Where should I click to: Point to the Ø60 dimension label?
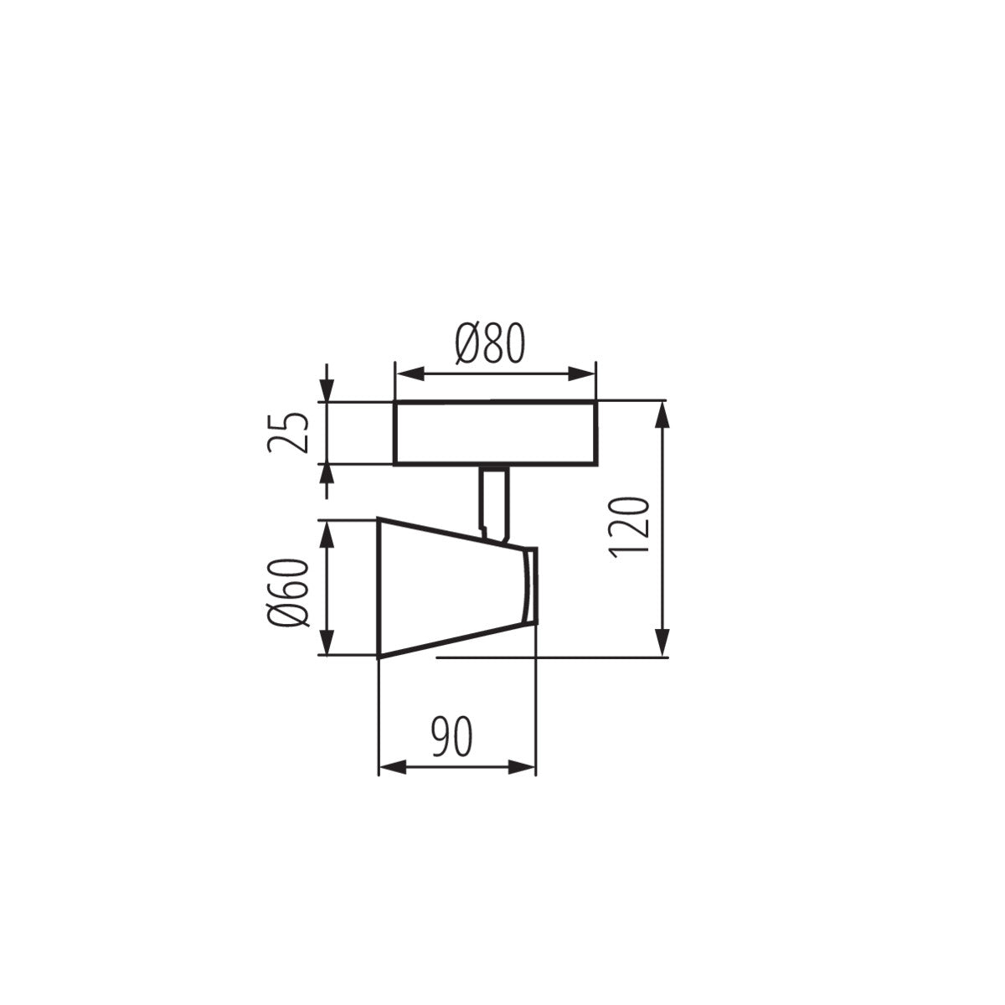click(289, 592)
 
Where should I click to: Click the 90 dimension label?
click(453, 736)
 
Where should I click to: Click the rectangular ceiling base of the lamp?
click(494, 433)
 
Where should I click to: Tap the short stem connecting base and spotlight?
click(492, 501)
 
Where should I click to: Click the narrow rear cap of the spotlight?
click(529, 586)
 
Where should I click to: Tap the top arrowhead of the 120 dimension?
click(663, 413)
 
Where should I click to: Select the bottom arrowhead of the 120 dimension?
click(663, 644)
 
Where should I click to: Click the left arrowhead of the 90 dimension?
click(390, 766)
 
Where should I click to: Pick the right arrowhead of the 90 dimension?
click(524, 766)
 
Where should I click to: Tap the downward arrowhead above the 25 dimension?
click(327, 391)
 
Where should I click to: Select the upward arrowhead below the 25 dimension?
click(327, 475)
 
